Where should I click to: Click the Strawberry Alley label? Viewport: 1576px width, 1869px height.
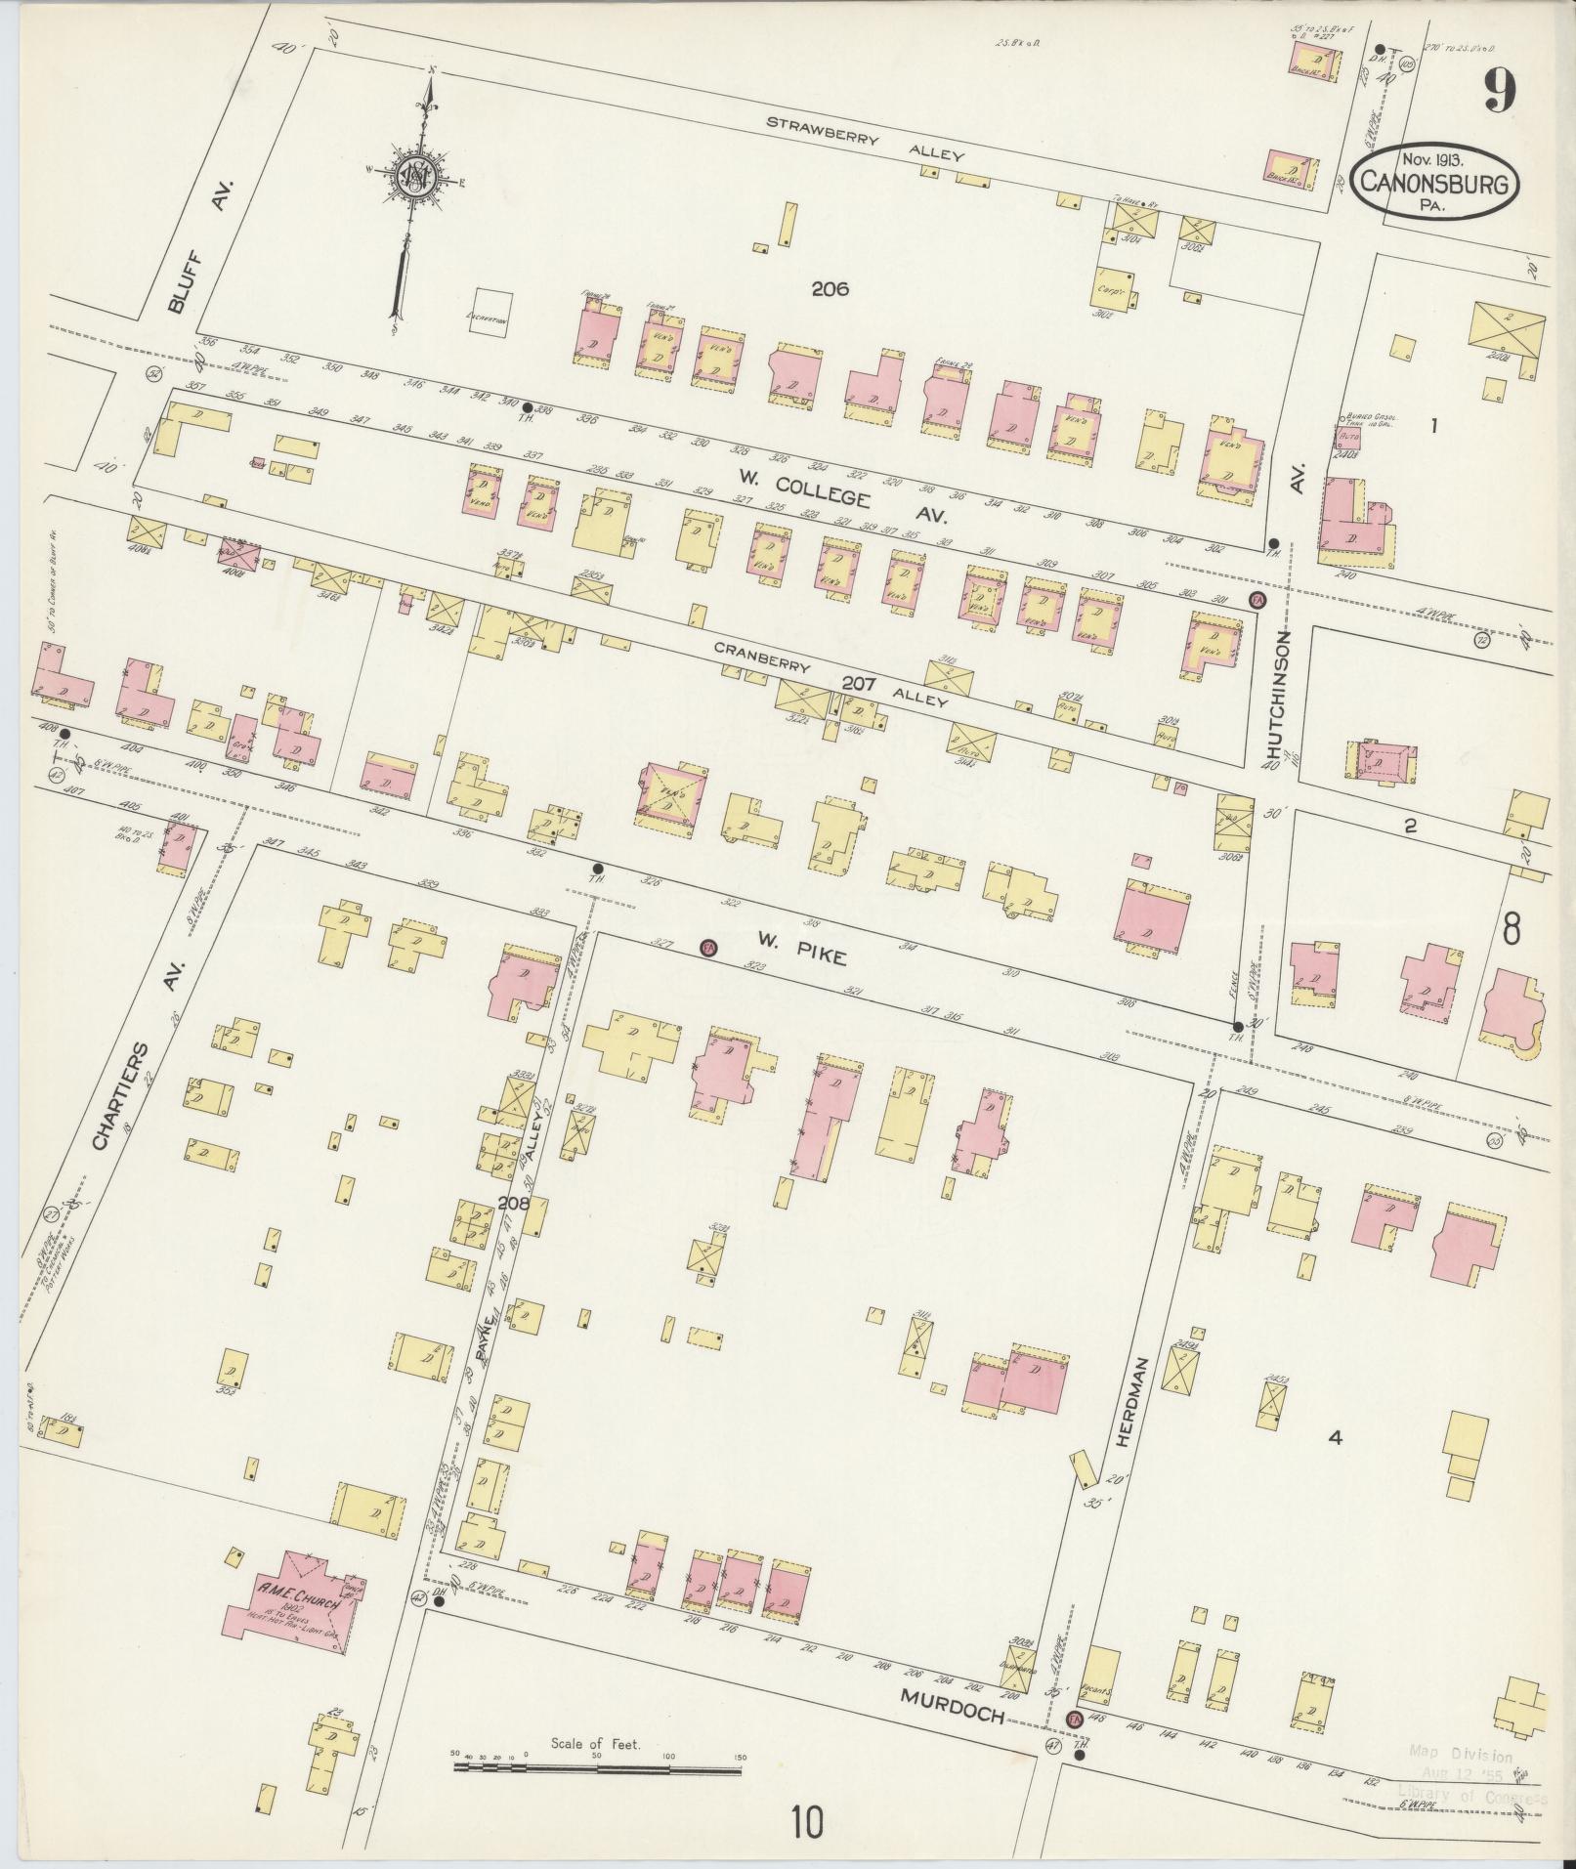pyautogui.click(x=865, y=139)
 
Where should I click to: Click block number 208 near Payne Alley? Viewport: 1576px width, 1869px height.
pyautogui.click(x=513, y=1204)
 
